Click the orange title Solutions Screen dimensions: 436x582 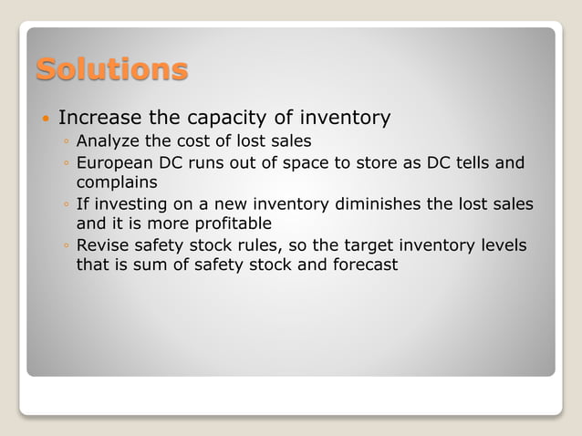pyautogui.click(x=112, y=68)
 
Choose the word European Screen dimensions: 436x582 pyautogui.click(x=115, y=163)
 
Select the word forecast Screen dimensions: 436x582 pyautogui.click(x=364, y=265)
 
